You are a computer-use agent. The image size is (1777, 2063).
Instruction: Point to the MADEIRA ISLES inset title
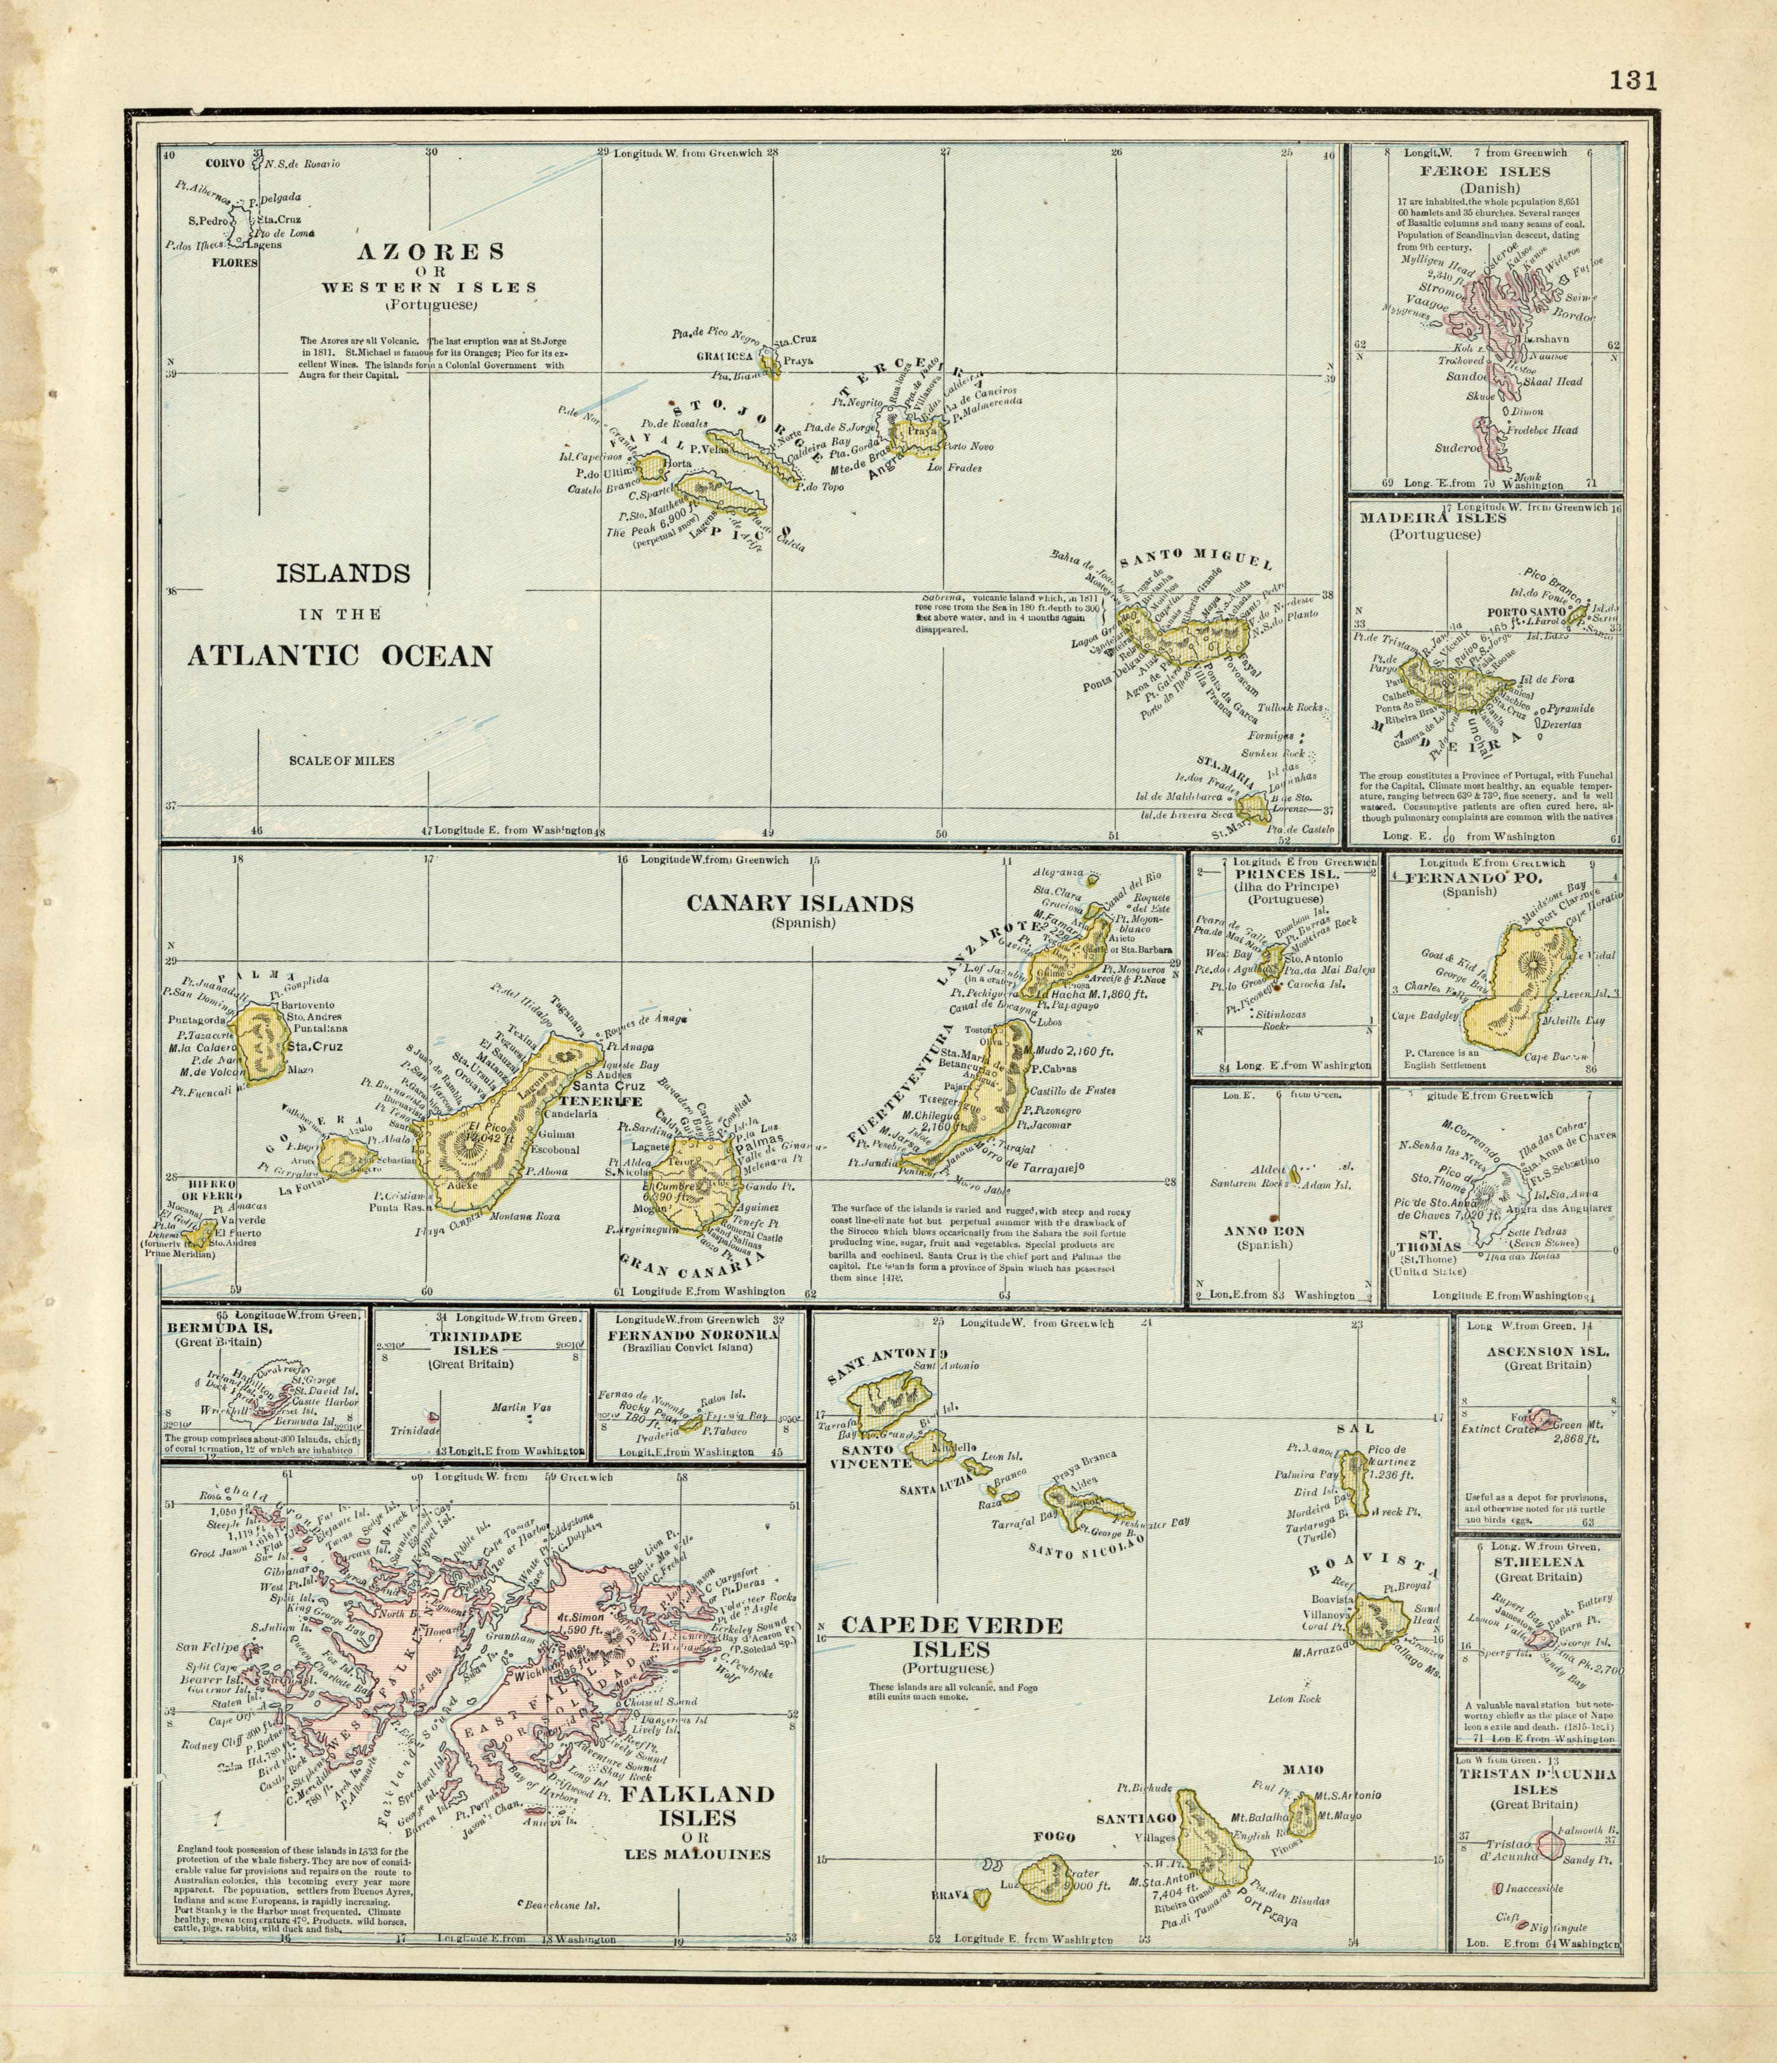(x=1426, y=518)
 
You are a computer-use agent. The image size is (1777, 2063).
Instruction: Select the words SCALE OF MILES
(x=342, y=761)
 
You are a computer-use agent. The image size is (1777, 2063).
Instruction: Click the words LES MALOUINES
(x=698, y=1854)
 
